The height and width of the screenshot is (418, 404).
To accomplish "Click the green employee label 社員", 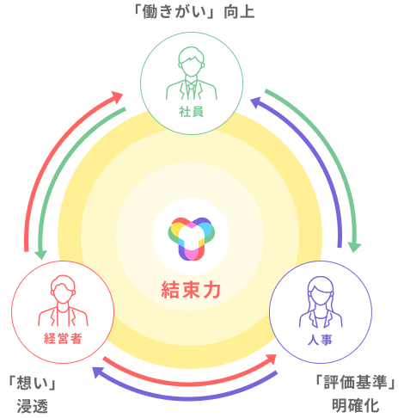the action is (192, 112).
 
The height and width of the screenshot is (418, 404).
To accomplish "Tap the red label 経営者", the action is (63, 339).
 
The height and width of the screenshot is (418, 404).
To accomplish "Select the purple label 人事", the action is (320, 341).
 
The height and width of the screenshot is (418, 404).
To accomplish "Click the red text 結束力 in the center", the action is (191, 290).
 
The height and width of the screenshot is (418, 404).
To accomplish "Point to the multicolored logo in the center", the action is (192, 238).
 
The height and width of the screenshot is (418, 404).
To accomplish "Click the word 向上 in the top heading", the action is (239, 12).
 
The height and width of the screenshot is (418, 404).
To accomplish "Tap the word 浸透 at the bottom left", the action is (33, 406).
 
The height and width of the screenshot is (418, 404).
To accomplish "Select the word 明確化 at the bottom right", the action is (355, 406).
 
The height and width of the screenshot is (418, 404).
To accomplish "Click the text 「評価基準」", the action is (355, 383).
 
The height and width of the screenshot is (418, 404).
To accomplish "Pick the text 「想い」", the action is (33, 383).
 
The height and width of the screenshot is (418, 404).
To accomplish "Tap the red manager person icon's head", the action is (63, 289).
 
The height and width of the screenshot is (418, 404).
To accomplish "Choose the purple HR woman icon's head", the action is (321, 291).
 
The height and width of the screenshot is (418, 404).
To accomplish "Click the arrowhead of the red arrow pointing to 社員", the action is (117, 96).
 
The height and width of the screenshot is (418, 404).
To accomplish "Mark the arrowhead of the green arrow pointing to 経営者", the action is (40, 255).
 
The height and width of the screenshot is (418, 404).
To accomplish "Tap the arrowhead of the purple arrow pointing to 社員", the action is (255, 102).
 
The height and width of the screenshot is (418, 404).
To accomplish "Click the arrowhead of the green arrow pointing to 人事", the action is (355, 247).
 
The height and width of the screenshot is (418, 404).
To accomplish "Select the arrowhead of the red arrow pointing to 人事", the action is (271, 359).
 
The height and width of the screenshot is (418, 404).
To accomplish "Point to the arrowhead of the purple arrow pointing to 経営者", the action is (97, 372).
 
